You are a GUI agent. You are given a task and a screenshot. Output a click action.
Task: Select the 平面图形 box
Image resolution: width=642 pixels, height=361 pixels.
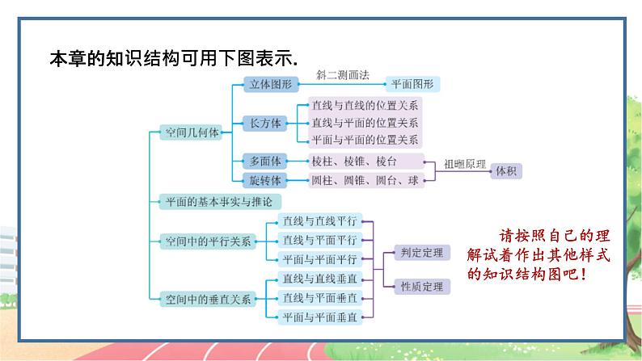coord(412,83)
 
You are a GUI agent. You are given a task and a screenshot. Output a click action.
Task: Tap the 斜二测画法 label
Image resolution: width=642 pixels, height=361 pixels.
coord(343,74)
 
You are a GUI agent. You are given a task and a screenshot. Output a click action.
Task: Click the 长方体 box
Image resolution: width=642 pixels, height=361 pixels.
coord(266,124)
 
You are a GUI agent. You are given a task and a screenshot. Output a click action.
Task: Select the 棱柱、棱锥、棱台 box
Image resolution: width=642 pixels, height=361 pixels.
coord(365,160)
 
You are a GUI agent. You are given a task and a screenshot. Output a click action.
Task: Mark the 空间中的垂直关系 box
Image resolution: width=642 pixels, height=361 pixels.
coord(208,298)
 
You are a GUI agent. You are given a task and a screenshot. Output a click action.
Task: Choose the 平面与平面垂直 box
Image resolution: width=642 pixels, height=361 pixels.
coord(320,316)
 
